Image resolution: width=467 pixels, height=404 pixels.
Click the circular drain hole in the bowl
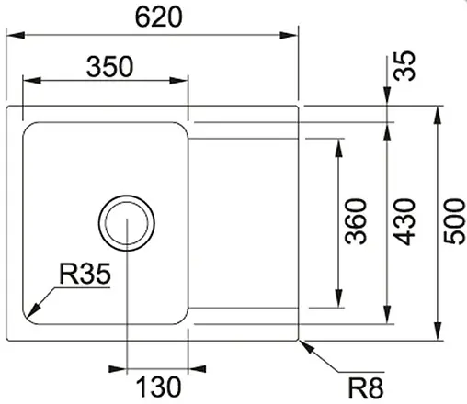click(x=126, y=222)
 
